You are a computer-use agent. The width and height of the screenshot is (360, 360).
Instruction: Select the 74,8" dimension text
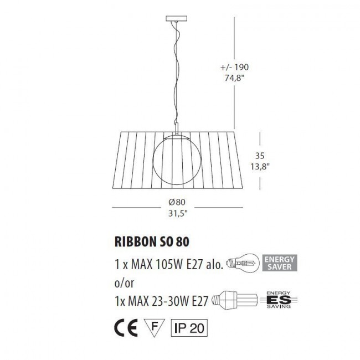pos(233,78)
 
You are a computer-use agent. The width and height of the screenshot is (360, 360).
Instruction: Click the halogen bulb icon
pos(244,263)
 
